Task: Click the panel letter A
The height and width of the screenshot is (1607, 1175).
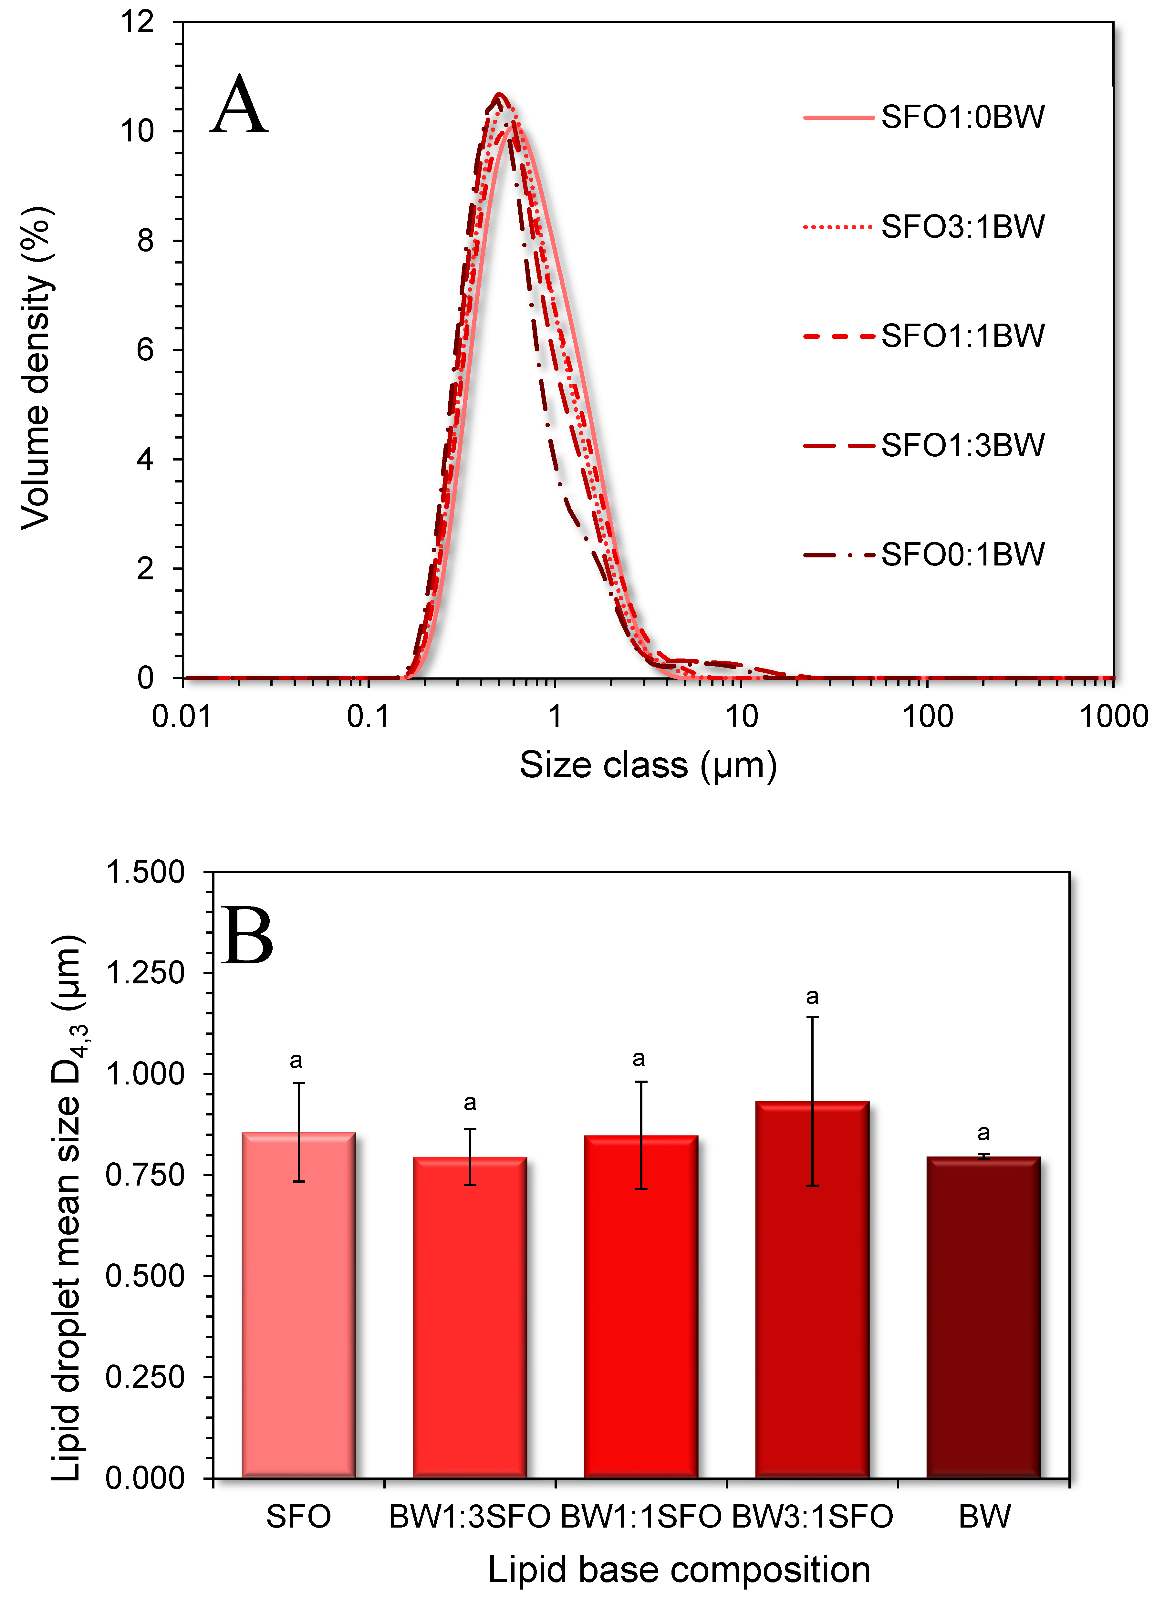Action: click(x=240, y=107)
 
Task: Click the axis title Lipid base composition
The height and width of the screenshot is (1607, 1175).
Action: click(x=679, y=1570)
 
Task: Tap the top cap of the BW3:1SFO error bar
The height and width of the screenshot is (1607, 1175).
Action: click(x=812, y=1018)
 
